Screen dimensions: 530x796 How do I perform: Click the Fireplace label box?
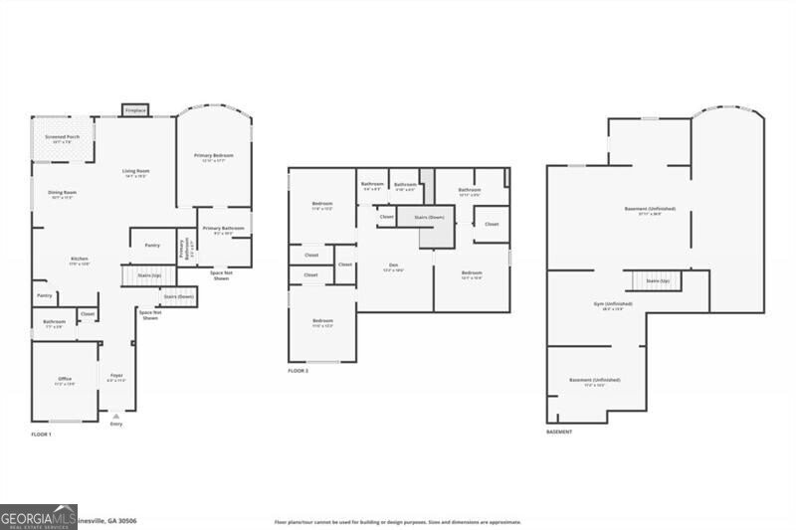135,109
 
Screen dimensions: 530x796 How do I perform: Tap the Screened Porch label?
62,138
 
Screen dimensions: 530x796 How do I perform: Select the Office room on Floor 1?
65,380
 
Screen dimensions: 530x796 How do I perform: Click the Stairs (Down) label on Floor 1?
178,296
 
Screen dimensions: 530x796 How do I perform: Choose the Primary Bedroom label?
214,157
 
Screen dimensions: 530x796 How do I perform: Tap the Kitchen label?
79,261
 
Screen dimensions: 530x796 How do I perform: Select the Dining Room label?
62,194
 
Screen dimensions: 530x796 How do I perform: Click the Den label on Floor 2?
394,266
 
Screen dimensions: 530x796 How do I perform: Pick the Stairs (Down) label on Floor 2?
428,216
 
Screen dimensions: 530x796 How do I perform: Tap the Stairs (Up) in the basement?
657,281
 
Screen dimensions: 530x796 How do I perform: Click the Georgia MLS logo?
39,516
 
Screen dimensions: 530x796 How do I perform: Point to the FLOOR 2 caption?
298,370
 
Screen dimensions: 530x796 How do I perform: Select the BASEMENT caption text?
559,432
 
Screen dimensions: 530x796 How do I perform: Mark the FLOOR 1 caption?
41,435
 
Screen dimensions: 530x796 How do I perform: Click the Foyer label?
116,377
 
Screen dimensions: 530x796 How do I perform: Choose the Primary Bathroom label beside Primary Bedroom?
224,231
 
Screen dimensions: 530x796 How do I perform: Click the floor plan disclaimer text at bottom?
397,521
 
